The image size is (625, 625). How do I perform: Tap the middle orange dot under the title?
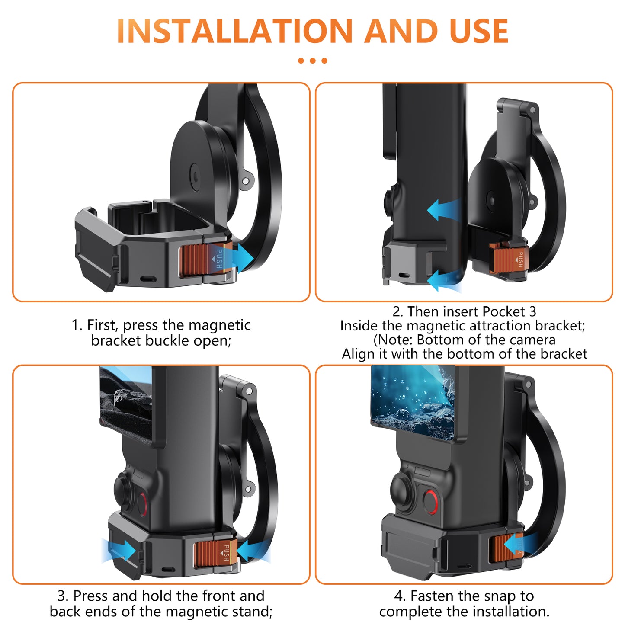pyautogui.click(x=312, y=61)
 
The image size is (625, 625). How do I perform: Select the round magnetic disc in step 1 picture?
pyautogui.click(x=197, y=173)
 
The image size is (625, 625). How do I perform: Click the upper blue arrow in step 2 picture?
pyautogui.click(x=443, y=210)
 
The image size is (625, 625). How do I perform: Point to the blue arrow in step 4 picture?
pyautogui.click(x=517, y=543)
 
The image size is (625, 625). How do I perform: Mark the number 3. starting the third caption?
pyautogui.click(x=63, y=596)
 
